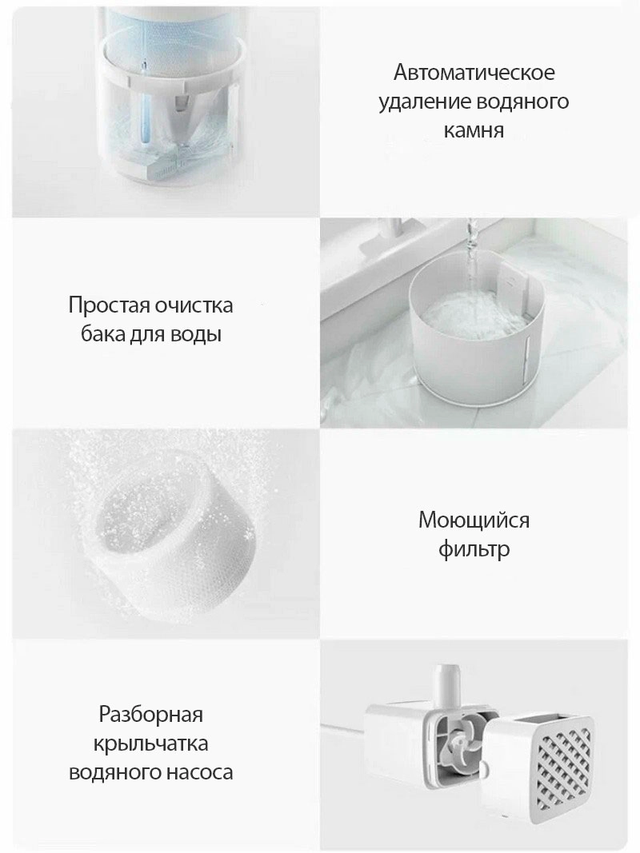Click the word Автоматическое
(474, 73)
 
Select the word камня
(474, 130)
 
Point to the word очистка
(194, 305)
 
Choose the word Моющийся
(474, 520)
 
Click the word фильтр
(474, 549)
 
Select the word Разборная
(150, 714)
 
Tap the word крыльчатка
(150, 743)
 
